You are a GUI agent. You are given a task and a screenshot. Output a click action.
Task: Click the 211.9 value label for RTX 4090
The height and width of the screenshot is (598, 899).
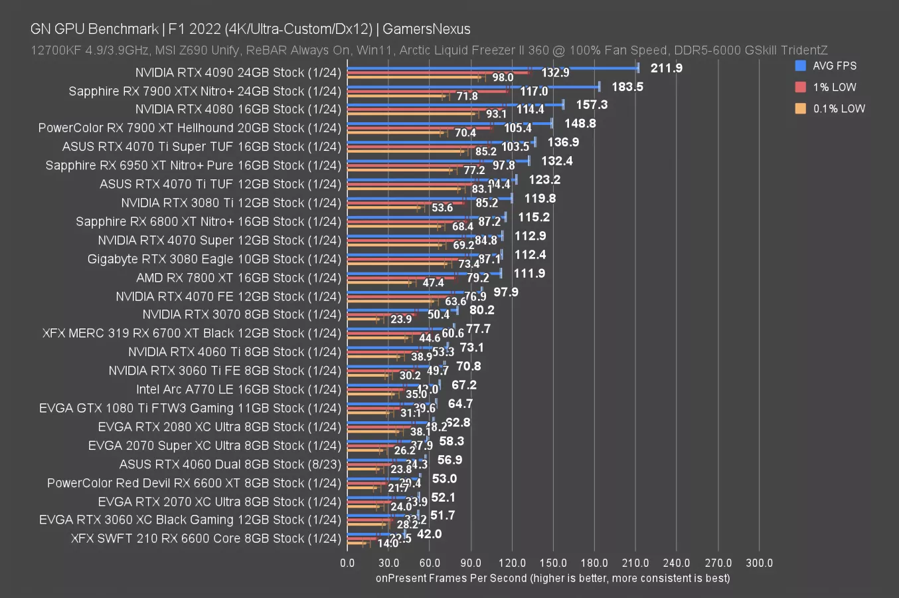click(666, 68)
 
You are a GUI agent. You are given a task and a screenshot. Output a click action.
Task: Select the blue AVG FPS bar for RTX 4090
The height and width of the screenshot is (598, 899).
click(491, 68)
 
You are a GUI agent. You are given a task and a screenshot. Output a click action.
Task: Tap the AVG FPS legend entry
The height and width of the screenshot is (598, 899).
click(834, 66)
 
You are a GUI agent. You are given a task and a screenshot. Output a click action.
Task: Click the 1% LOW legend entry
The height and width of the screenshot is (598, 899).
click(834, 87)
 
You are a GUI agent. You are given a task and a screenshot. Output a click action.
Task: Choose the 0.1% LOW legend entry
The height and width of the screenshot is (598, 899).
click(839, 108)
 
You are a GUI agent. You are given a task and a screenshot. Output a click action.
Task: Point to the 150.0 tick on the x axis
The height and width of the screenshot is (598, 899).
click(553, 563)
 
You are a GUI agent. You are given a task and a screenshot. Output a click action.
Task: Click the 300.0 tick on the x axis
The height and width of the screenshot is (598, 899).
click(759, 563)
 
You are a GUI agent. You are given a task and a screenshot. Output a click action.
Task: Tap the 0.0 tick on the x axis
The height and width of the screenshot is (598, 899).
click(347, 563)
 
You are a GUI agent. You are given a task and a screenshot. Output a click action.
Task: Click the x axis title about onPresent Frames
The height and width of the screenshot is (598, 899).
click(552, 578)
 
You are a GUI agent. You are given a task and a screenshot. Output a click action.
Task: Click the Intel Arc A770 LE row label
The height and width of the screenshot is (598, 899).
click(238, 389)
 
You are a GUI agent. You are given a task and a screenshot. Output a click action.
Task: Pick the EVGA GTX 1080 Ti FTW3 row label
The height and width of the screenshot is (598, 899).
click(190, 408)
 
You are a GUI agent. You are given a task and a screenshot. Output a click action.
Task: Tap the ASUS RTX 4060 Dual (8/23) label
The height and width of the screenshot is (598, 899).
click(230, 464)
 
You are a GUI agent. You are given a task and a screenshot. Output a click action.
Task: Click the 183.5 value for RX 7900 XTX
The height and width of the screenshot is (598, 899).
click(627, 86)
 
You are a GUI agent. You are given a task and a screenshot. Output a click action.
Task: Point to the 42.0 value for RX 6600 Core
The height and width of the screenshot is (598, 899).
click(429, 534)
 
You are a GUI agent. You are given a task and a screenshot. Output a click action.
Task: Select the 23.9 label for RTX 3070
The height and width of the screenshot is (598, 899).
click(401, 320)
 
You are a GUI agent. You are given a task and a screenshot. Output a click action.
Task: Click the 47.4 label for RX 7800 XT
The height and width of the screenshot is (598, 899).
click(433, 283)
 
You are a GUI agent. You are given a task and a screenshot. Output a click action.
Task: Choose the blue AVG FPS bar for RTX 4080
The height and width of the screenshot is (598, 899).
click(455, 104)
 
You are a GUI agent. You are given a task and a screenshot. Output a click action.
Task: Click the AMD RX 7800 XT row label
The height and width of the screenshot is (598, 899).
click(238, 278)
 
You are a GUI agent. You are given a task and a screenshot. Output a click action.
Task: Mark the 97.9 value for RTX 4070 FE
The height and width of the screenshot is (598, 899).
click(506, 292)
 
